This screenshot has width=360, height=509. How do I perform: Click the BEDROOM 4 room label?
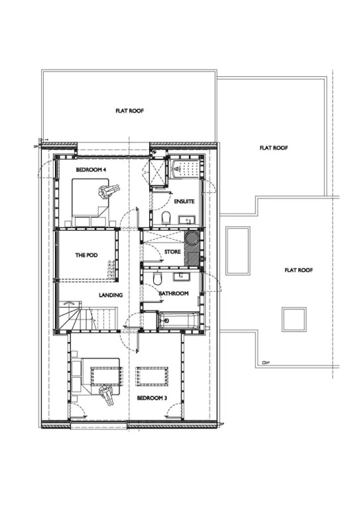tap(91, 170)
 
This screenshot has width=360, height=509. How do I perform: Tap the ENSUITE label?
tap(184, 201)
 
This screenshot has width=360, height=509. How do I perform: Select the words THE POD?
tap(86, 255)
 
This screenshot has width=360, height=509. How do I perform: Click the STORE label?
tap(172, 252)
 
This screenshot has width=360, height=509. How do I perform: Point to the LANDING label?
tap(111, 295)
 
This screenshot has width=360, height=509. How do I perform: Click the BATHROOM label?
tap(173, 294)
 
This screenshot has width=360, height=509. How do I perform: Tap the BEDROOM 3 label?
tap(152, 398)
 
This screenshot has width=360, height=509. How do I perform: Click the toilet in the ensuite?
tap(166, 218)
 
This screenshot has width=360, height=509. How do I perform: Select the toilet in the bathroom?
tap(156, 278)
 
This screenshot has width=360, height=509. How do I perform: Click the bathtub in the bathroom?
tap(179, 320)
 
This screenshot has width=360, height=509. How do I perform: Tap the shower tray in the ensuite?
tap(184, 168)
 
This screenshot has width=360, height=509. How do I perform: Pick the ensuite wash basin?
tap(187, 219)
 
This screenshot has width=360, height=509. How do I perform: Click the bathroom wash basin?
tap(182, 276)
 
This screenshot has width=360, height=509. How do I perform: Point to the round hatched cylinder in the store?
tap(191, 238)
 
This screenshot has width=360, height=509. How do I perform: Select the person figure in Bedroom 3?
tap(107, 395)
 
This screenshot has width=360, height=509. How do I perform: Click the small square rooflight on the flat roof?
tap(294, 319)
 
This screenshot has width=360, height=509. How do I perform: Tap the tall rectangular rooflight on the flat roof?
tap(238, 251)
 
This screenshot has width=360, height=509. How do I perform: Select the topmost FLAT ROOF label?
tap(129, 111)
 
